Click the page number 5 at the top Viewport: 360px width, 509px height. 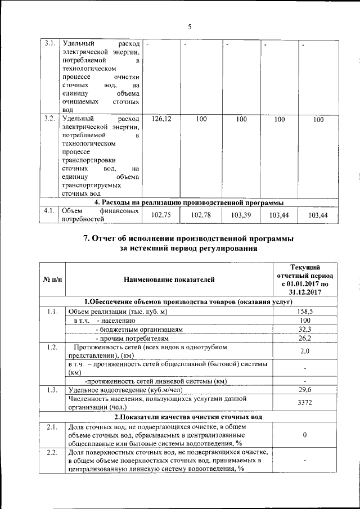pos(190,26)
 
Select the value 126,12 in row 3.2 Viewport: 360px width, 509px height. pos(161,119)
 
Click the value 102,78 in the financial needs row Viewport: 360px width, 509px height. pos(201,215)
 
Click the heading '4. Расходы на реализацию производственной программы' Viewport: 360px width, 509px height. pos(188,202)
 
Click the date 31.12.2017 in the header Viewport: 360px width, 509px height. pos(304,292)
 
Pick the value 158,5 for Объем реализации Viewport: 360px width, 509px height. pos(304,311)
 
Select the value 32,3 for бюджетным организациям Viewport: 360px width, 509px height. pos(304,329)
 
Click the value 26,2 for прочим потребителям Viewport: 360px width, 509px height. pos(304,338)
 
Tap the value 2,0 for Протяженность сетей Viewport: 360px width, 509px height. pos(304,351)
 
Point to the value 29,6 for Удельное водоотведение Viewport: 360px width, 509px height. pos(304,389)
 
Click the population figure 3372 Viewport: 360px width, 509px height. pos(304,403)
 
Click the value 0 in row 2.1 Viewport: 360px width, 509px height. pos(304,435)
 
